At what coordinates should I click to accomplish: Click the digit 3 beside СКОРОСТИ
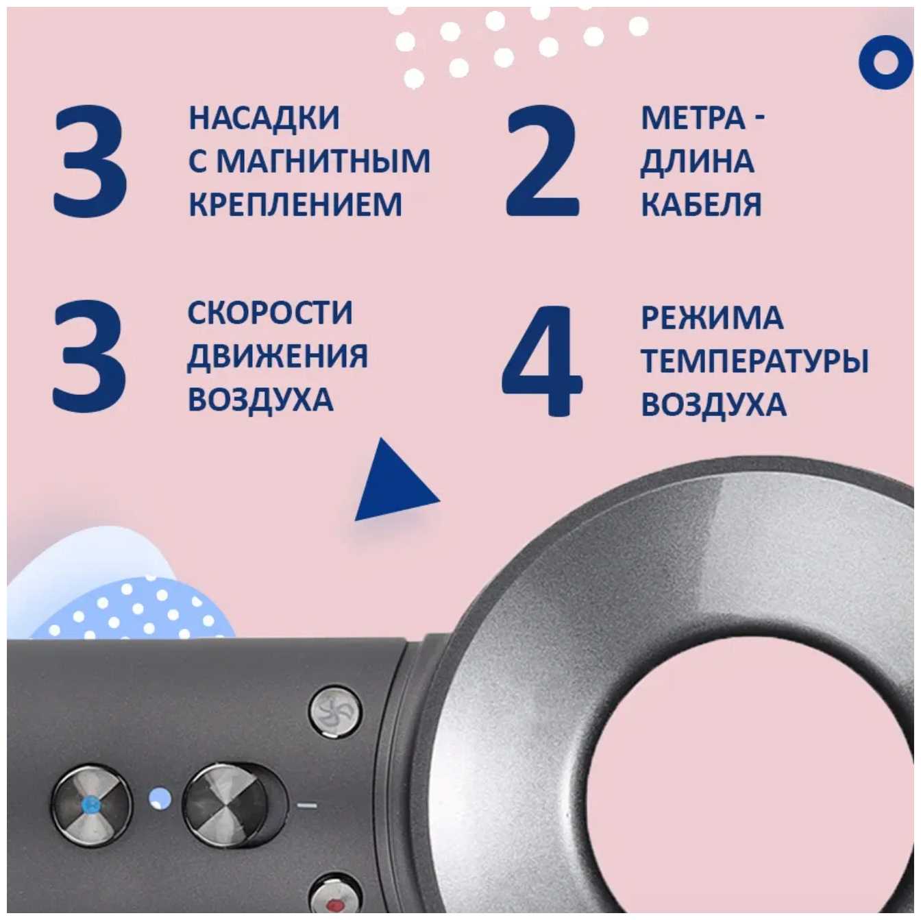point(90,357)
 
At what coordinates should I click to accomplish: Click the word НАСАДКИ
point(264,118)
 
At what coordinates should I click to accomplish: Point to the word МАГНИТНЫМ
point(323,161)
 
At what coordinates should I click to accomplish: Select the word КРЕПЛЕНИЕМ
point(295,204)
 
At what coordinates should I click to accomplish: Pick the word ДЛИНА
point(698,161)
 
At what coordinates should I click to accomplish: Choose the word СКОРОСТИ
point(269,313)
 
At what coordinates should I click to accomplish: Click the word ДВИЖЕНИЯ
point(278,356)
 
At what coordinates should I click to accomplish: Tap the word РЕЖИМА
point(712,317)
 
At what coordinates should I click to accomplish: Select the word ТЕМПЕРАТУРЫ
point(754,361)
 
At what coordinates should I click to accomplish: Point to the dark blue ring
point(886,61)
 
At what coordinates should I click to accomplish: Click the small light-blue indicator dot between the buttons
point(160,799)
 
